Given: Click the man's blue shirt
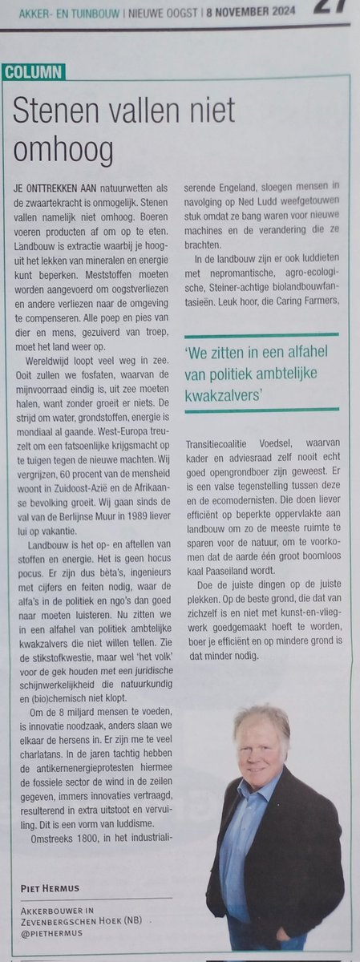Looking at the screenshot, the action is [x=241, y=834].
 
